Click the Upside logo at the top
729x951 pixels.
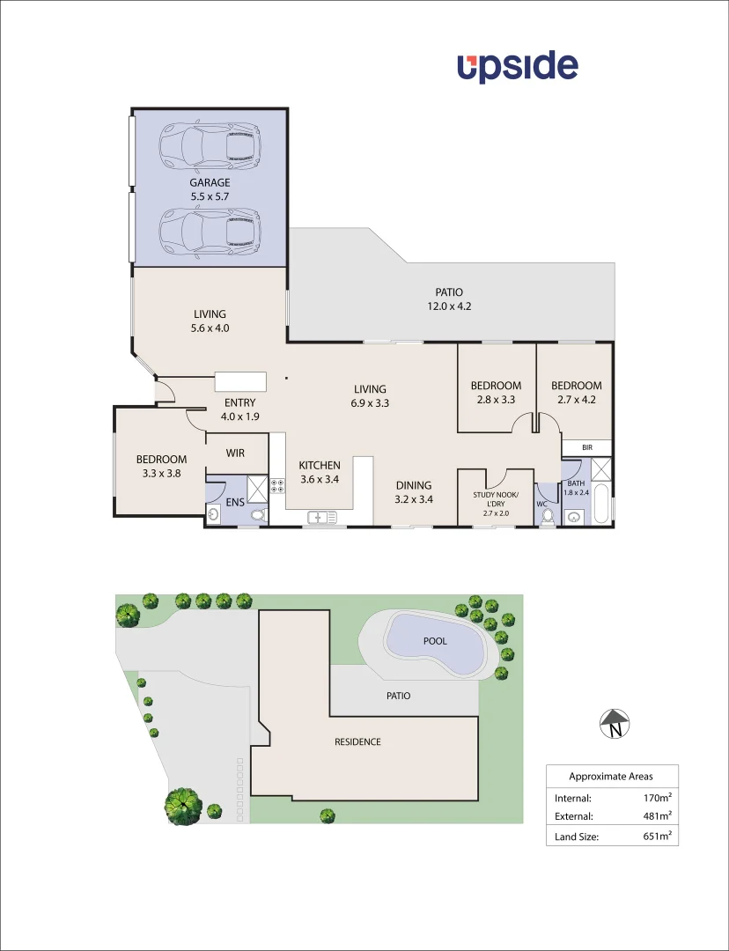point(517,67)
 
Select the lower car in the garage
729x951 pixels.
point(210,231)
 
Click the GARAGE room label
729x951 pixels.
point(210,183)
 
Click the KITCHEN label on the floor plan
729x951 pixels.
point(319,466)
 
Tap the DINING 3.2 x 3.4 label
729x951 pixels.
point(413,491)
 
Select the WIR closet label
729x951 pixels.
point(235,453)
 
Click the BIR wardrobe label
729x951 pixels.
point(587,448)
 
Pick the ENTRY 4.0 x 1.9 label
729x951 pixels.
point(239,409)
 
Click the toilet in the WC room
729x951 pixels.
point(547,516)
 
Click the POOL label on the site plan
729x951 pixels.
point(435,641)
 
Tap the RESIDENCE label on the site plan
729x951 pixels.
point(357,741)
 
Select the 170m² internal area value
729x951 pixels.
point(658,797)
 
